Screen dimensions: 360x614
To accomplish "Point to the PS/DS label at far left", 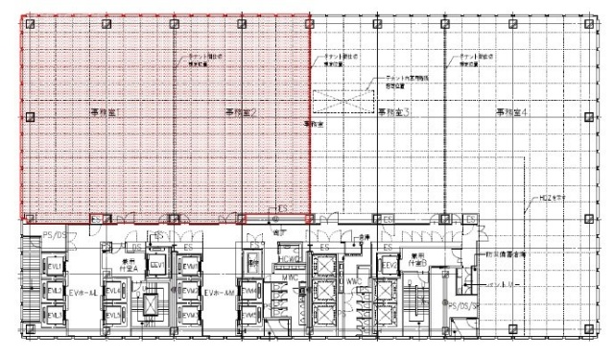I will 54,234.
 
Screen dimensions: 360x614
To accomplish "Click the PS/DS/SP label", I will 465,305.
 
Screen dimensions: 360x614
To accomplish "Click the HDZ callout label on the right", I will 550,200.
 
